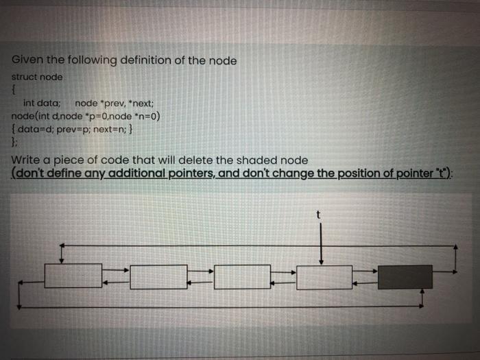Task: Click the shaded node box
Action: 405,276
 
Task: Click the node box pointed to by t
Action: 324,277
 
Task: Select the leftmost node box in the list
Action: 73,276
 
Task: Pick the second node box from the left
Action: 158,277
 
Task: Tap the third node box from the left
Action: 242,277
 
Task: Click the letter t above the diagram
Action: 318,214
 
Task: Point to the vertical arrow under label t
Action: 321,243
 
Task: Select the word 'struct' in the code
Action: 26,77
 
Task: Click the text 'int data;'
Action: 42,103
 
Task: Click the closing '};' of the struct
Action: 14,141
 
